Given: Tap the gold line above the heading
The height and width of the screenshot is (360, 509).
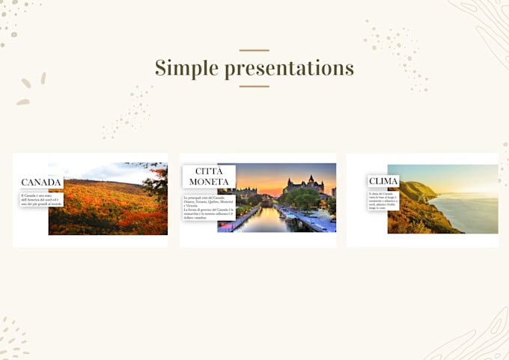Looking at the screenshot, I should pyautogui.click(x=254, y=51).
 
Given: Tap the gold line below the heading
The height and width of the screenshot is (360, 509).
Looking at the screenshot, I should pyautogui.click(x=254, y=86).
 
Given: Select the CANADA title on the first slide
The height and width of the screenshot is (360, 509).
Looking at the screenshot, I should pyautogui.click(x=41, y=183).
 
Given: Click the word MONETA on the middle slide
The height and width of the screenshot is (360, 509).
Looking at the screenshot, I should pyautogui.click(x=209, y=182).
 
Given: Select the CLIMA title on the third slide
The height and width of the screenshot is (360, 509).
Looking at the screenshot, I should pyautogui.click(x=383, y=181).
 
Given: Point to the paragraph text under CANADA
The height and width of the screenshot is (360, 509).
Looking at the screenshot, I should pyautogui.click(x=41, y=199).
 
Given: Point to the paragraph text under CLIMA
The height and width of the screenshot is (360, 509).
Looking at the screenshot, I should pyautogui.click(x=383, y=200).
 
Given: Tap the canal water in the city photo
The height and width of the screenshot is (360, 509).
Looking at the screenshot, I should pyautogui.click(x=266, y=221).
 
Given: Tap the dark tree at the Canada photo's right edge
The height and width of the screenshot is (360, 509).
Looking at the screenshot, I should pyautogui.click(x=158, y=183).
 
